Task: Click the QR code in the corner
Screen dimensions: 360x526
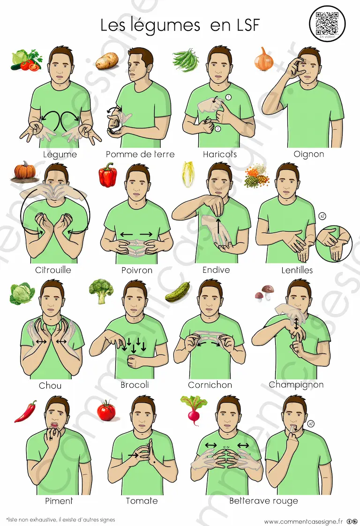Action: click(x=327, y=23)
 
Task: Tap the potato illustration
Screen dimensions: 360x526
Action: click(x=107, y=61)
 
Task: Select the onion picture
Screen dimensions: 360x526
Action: click(x=263, y=59)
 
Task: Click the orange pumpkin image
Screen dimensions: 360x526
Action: click(x=24, y=171)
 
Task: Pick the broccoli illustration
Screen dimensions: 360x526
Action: click(x=101, y=291)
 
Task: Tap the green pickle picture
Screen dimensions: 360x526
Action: click(x=178, y=292)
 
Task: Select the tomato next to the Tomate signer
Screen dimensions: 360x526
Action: click(x=107, y=410)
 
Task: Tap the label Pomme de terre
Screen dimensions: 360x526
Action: click(x=140, y=154)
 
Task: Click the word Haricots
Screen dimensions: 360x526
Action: click(x=220, y=154)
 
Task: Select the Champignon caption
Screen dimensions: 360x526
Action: click(x=296, y=385)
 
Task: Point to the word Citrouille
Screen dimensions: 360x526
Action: click(x=53, y=270)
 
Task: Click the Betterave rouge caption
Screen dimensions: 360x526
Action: click(x=264, y=501)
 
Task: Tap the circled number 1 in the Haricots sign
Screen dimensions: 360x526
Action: click(x=228, y=98)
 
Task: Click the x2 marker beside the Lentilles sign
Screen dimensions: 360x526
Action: click(x=322, y=216)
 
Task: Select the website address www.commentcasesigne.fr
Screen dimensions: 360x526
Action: click(x=303, y=521)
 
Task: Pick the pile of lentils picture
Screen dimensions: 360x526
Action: click(x=257, y=176)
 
